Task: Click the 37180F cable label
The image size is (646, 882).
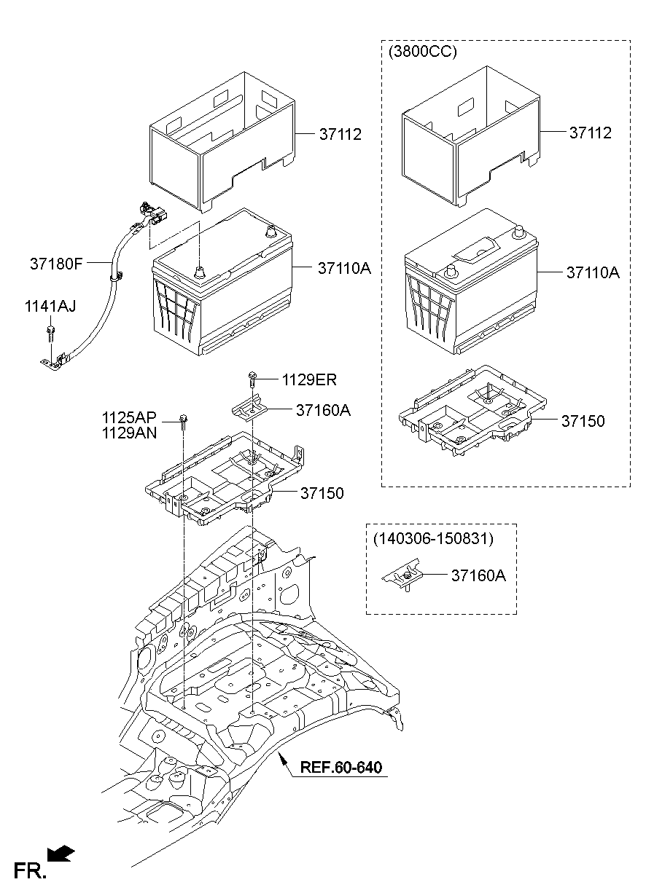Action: [56, 264]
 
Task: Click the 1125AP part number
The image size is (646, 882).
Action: [129, 418]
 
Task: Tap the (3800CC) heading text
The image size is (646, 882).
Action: [423, 53]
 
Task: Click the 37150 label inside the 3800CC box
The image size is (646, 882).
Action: [583, 421]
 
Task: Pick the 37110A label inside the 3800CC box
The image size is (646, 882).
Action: [592, 273]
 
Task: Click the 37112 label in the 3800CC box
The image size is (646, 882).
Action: [591, 133]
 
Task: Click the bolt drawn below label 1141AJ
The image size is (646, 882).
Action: [50, 334]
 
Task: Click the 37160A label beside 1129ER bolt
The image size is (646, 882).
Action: [323, 410]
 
